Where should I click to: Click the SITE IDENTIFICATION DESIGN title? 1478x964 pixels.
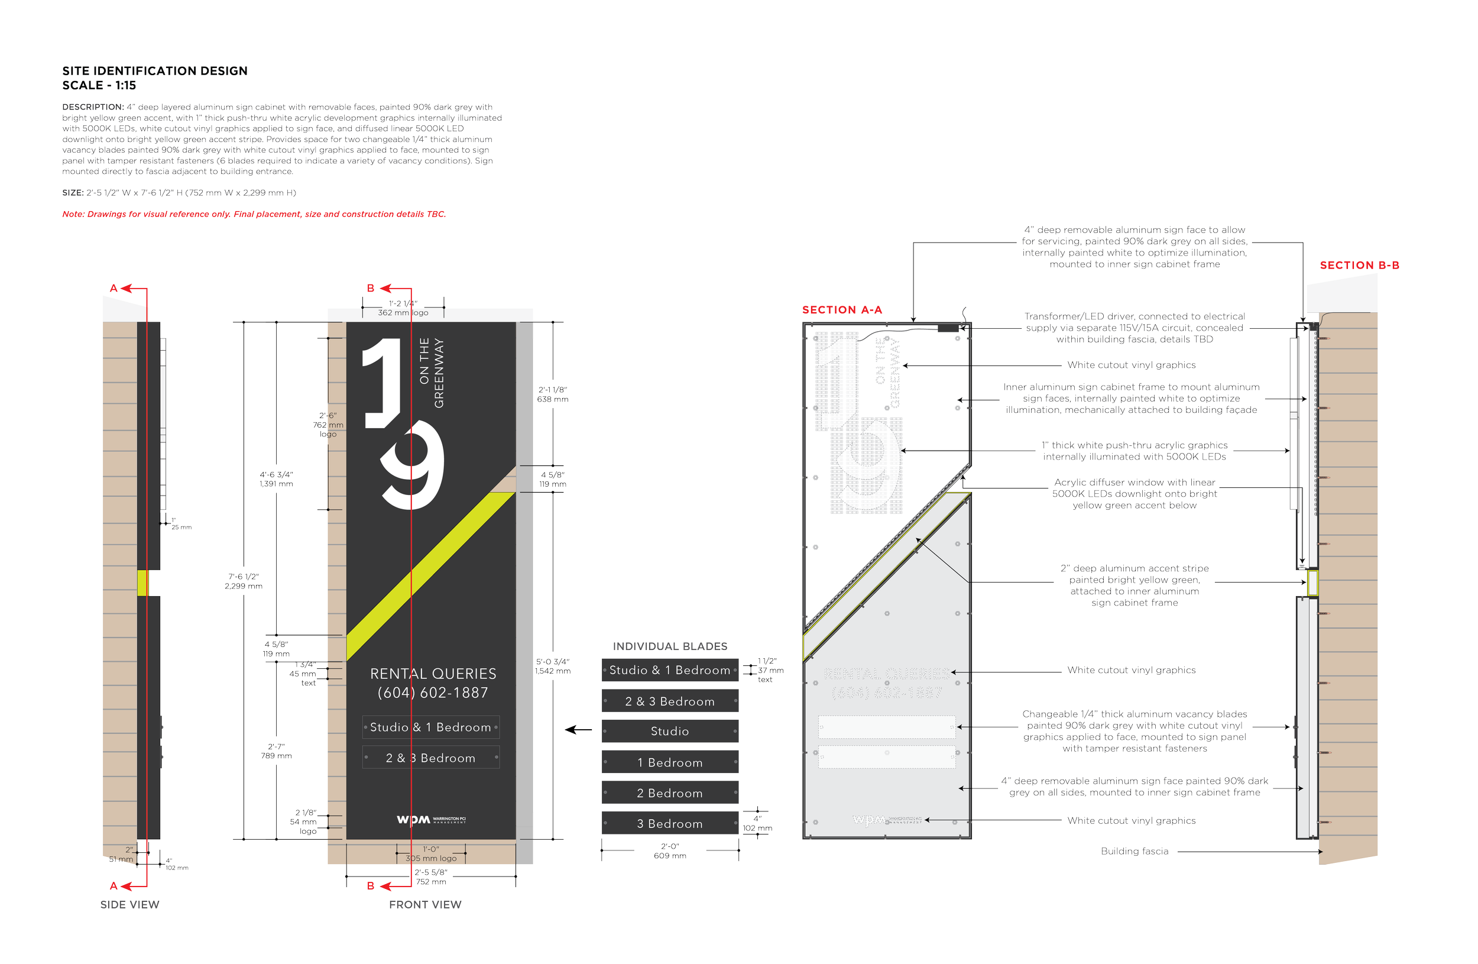(155, 71)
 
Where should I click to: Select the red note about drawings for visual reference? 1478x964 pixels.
(254, 214)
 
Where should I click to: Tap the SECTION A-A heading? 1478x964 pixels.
(841, 310)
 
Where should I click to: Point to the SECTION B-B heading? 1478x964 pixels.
(1359, 266)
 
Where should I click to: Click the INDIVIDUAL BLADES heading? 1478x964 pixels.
(669, 646)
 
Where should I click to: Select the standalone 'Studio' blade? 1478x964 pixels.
(669, 731)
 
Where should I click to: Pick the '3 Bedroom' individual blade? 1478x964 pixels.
(669, 824)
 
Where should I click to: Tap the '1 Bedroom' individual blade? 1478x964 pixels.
(669, 762)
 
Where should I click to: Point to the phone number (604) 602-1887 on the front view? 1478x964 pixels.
(432, 693)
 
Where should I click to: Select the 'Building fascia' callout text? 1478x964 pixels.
(1134, 852)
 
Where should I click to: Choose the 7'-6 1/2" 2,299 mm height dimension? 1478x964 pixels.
(244, 581)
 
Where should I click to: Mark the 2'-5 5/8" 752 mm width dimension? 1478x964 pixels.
(430, 877)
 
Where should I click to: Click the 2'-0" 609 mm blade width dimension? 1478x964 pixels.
(669, 851)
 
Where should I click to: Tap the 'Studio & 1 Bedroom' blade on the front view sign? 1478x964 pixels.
(430, 727)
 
